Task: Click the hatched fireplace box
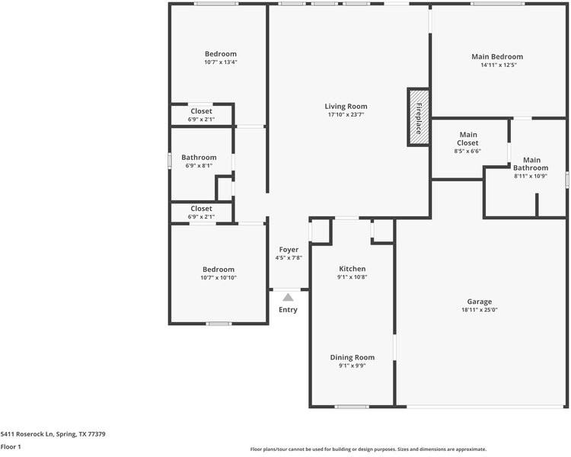[419, 117]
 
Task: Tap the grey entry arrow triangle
[288, 297]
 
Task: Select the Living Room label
[346, 107]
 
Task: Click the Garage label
[479, 302]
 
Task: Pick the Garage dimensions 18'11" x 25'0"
[479, 310]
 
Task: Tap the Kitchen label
[352, 269]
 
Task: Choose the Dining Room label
[352, 357]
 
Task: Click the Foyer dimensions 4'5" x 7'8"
[289, 258]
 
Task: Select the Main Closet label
[467, 139]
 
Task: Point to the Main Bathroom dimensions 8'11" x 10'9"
[531, 176]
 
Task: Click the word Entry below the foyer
[288, 310]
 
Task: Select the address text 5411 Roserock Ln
[27, 434]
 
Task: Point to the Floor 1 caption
[11, 446]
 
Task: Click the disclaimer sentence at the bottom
[368, 449]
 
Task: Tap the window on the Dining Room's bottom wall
[352, 406]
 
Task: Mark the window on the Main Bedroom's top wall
[497, 4]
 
